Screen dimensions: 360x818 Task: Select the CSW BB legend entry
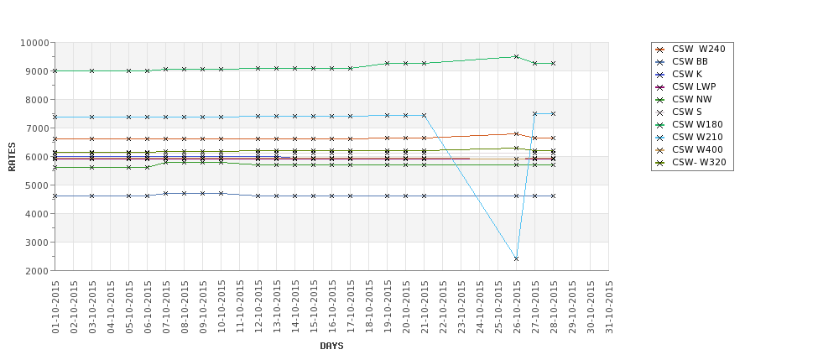(x=690, y=62)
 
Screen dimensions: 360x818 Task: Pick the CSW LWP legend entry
(x=693, y=87)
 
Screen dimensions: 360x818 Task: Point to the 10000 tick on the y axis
(x=34, y=43)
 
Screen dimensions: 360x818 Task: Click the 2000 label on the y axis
(x=37, y=271)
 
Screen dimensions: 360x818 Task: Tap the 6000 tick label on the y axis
(x=37, y=157)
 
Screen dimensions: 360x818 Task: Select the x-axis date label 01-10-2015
(x=55, y=308)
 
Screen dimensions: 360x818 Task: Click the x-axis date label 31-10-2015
(x=609, y=308)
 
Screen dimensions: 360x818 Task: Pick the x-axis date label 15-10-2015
(x=314, y=308)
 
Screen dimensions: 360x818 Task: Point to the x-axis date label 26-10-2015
(x=517, y=308)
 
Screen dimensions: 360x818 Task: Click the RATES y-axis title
(x=13, y=157)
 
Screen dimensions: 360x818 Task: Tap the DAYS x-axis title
(x=331, y=346)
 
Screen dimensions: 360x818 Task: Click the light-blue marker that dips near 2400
(x=516, y=258)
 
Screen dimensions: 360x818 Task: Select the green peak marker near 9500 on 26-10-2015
(x=516, y=57)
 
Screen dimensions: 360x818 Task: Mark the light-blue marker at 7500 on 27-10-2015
(x=534, y=113)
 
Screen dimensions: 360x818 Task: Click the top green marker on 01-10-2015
(x=55, y=71)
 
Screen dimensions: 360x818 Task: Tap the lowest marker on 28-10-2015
(x=553, y=196)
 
